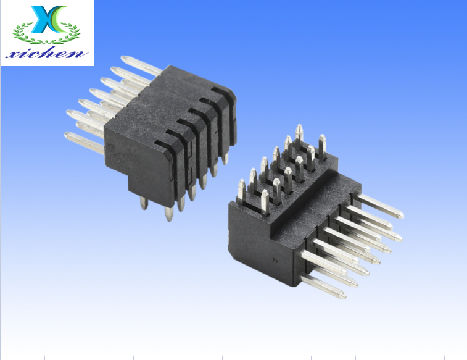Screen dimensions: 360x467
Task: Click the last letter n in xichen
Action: (x=80, y=54)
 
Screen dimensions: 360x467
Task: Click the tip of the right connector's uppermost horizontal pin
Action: (x=400, y=215)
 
